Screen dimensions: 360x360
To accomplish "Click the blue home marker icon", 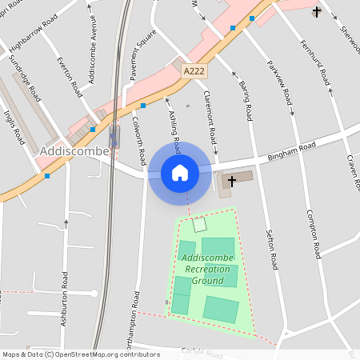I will pos(180,172).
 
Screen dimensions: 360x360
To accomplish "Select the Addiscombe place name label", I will pos(68,151).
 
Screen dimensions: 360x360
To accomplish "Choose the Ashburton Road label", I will pos(65,298).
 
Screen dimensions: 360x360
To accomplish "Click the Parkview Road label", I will pos(281,82).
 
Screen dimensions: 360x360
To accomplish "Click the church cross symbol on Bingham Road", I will pos(232,181).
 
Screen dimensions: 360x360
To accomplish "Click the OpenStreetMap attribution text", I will pos(81,354).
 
